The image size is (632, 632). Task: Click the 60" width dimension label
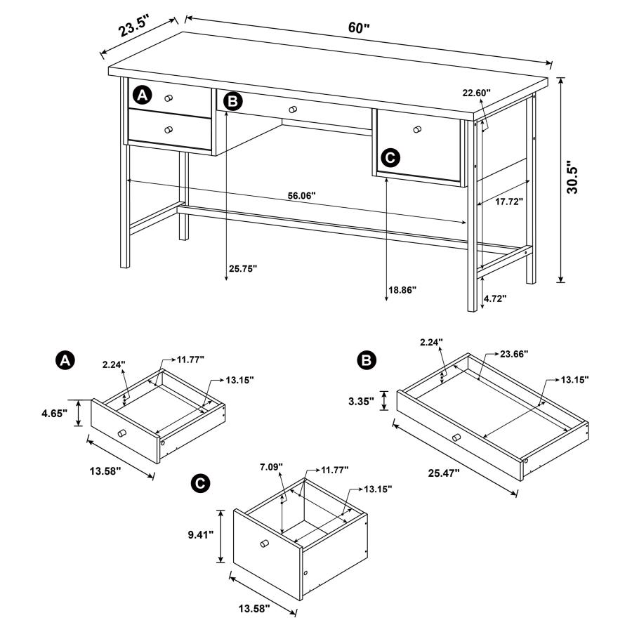pyautogui.click(x=358, y=28)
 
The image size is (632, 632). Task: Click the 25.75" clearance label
pyautogui.click(x=244, y=268)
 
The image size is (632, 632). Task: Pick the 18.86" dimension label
pyautogui.click(x=402, y=289)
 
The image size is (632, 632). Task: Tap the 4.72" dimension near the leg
pyautogui.click(x=495, y=298)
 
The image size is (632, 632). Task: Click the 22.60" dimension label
pyautogui.click(x=476, y=92)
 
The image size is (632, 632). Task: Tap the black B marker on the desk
pyautogui.click(x=232, y=103)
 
